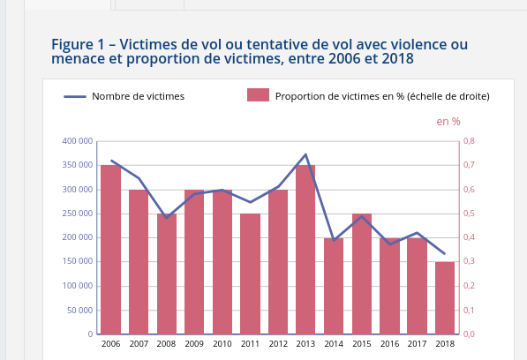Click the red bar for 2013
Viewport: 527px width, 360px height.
click(305, 250)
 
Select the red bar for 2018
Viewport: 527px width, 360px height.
click(445, 298)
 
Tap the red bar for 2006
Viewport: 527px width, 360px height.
click(111, 250)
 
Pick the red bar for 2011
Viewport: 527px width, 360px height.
click(250, 274)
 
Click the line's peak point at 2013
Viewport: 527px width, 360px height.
click(305, 154)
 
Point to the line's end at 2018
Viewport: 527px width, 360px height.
click(445, 254)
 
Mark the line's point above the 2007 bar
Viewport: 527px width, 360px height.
click(139, 178)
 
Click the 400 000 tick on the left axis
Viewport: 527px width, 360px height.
click(78, 141)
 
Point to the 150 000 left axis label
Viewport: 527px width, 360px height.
click(78, 261)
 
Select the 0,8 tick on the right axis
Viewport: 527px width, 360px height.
click(470, 141)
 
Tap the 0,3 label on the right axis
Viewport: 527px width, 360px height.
click(470, 261)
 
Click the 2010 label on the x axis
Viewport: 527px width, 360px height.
click(222, 344)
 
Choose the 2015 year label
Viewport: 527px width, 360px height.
click(362, 344)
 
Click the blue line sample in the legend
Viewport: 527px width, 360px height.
click(75, 97)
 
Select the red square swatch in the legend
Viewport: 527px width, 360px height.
click(258, 94)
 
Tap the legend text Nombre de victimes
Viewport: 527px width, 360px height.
click(138, 96)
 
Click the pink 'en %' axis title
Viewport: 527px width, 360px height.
click(448, 122)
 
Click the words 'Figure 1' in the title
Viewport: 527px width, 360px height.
click(78, 45)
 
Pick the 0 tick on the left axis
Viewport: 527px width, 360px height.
click(90, 334)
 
